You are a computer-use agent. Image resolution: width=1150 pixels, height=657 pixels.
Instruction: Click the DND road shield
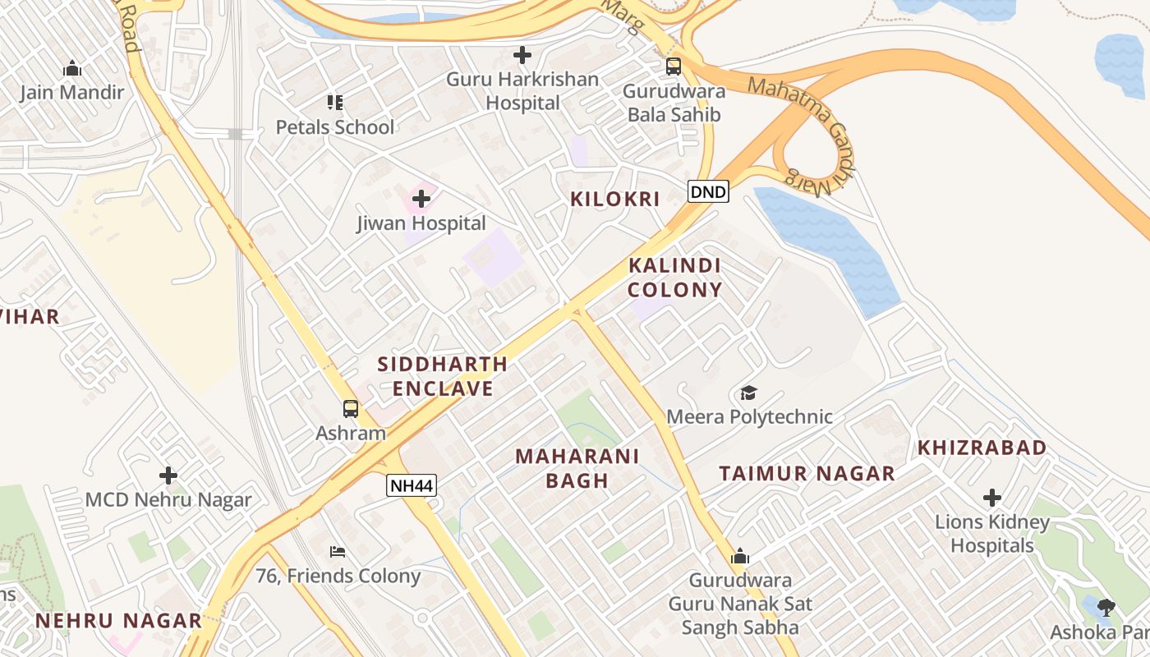[x=708, y=192]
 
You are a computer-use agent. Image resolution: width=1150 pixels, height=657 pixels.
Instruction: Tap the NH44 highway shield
[x=412, y=485]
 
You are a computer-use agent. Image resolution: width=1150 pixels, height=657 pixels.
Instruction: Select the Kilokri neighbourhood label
[x=615, y=199]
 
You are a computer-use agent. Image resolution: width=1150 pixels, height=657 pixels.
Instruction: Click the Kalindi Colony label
[x=675, y=278]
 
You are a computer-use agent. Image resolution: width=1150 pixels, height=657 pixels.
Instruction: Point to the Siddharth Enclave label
[x=442, y=376]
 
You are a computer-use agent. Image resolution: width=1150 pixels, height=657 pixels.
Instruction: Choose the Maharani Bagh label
[x=577, y=468]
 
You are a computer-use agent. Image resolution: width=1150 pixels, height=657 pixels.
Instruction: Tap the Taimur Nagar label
[x=807, y=473]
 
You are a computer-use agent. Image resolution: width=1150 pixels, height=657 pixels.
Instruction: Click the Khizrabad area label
[x=982, y=448]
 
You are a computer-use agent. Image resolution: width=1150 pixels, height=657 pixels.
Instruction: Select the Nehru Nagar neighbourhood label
[x=118, y=621]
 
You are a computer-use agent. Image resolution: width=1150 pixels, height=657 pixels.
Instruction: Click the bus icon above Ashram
[x=351, y=408]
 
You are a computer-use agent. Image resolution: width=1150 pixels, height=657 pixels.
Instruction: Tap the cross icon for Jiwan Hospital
[x=421, y=199]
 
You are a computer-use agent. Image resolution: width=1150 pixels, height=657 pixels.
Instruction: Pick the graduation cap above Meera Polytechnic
[x=748, y=393]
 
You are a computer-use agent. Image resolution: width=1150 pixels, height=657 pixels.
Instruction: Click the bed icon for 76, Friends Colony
[x=338, y=551]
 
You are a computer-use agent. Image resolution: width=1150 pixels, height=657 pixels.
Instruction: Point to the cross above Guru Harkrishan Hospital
[x=522, y=56]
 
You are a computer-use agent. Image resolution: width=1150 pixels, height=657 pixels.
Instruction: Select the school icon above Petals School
[x=334, y=103]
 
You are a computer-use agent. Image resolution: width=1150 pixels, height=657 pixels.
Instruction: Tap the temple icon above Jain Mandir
[x=72, y=68]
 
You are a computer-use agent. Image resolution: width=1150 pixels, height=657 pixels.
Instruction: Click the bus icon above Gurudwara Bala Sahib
[x=674, y=67]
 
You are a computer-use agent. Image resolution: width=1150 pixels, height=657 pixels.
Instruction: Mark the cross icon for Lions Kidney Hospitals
[x=992, y=498]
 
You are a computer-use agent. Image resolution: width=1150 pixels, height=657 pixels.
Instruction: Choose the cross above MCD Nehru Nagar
[x=168, y=476]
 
